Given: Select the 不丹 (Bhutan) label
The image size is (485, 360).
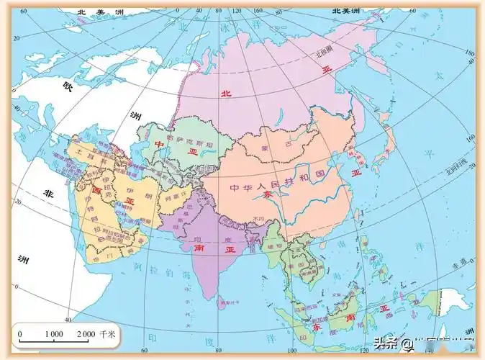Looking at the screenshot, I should pyautogui.click(x=258, y=218).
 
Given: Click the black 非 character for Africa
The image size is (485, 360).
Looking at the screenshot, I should pyautogui.click(x=48, y=193).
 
